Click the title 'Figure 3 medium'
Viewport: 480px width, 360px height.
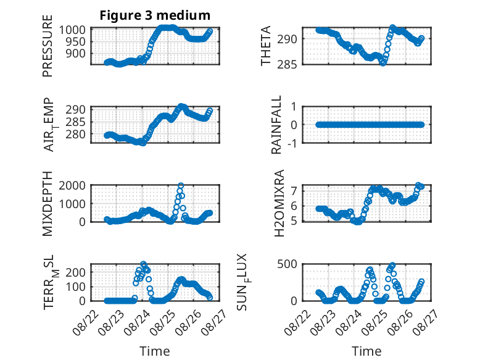pos(155,15)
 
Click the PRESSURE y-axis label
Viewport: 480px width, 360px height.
pos(48,46)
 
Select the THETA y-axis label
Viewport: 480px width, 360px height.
pos(266,46)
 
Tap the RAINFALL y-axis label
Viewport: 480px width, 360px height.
pos(276,125)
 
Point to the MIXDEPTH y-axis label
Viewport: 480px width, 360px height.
pos(48,204)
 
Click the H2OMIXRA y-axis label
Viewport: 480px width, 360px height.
pos(279,203)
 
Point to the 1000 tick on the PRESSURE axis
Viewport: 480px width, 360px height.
pos(72,30)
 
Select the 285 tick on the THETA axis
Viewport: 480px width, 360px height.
pos(287,64)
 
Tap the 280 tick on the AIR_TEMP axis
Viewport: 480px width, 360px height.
pos(75,134)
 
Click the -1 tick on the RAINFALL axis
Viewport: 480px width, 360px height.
pos(292,143)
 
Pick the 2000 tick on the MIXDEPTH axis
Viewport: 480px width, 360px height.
pos(72,185)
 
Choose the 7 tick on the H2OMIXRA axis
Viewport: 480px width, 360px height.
pos(294,191)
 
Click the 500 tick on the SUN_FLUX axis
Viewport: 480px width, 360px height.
pos(287,264)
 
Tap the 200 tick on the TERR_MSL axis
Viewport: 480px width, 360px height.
pos(75,272)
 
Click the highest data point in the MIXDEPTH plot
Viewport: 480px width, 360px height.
pos(181,185)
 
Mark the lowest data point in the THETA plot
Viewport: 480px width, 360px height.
pos(383,63)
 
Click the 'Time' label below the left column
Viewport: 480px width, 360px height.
pos(155,351)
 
